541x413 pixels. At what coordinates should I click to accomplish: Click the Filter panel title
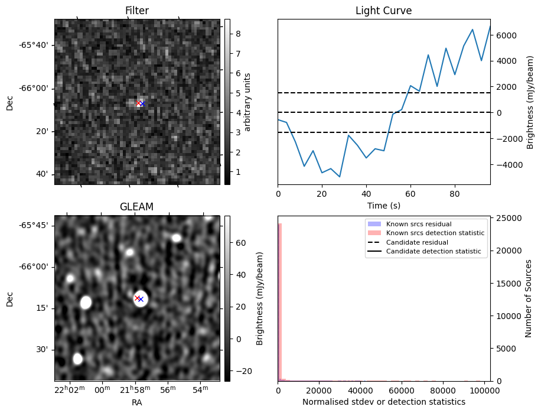[x=137, y=11]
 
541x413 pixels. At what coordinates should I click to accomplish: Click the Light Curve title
[x=383, y=11]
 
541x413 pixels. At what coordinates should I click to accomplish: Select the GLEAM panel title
[x=137, y=207]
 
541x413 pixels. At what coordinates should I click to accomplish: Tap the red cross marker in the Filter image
[x=139, y=103]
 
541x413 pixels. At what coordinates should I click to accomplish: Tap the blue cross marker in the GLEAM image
[x=141, y=299]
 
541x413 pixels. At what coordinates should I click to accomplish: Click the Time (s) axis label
[x=383, y=204]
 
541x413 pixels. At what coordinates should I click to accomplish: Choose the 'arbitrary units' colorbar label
[x=248, y=102]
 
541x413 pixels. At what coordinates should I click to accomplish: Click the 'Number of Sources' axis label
[x=529, y=298]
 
